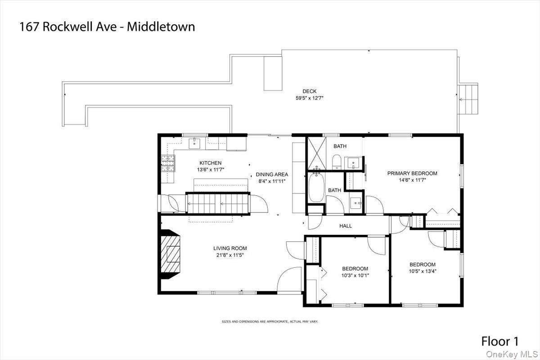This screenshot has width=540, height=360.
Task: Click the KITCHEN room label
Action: pyautogui.click(x=211, y=163)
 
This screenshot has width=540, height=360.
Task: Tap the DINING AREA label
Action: pyautogui.click(x=272, y=174)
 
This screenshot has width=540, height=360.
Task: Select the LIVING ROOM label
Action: pyautogui.click(x=230, y=248)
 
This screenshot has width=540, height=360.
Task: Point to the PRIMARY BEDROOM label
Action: pyautogui.click(x=412, y=173)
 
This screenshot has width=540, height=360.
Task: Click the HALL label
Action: pyautogui.click(x=346, y=226)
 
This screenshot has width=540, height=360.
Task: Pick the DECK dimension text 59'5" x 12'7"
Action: pyautogui.click(x=310, y=98)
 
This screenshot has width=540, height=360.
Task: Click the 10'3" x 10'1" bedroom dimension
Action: pyautogui.click(x=355, y=275)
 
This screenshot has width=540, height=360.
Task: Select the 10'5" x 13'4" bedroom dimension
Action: pyautogui.click(x=423, y=271)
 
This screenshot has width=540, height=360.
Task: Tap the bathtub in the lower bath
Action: pyautogui.click(x=316, y=187)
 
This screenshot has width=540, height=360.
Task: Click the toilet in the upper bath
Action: pyautogui.click(x=337, y=162)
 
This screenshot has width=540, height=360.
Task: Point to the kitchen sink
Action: pyautogui.click(x=194, y=144)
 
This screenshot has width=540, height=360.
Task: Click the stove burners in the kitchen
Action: pyautogui.click(x=168, y=163)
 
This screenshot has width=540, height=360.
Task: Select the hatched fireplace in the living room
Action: pyautogui.click(x=170, y=254)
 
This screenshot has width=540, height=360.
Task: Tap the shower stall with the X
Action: pyautogui.click(x=317, y=153)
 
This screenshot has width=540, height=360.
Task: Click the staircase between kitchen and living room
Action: pyautogui.click(x=218, y=204)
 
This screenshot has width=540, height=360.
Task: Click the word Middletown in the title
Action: pyautogui.click(x=161, y=27)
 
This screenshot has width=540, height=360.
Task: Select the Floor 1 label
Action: pyautogui.click(x=500, y=341)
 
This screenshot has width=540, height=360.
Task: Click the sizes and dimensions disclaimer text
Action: pyautogui.click(x=270, y=321)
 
